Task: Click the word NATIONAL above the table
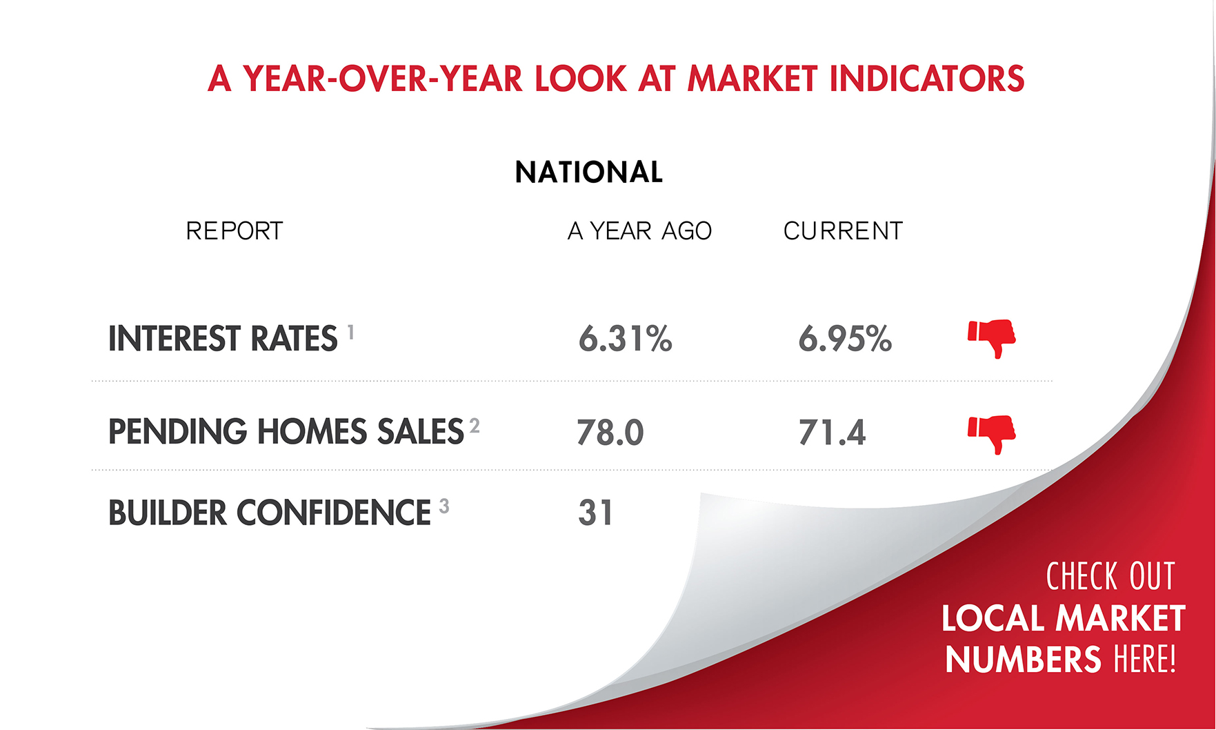coord(588,172)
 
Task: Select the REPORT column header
coord(235,231)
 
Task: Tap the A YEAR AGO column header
coord(639,231)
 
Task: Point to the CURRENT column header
coord(843,231)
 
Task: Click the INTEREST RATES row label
coord(223,339)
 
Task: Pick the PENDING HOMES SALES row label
coord(286,432)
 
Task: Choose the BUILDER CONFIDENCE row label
coord(270,513)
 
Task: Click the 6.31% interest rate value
coord(625,339)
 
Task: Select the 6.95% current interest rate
coord(845,339)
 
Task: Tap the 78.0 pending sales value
coord(610,433)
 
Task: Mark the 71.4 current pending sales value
coord(832,433)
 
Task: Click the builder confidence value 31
coord(595,513)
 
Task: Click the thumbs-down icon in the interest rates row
coord(992,337)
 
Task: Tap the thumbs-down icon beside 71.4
coord(992,433)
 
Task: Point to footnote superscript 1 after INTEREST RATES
coord(351,333)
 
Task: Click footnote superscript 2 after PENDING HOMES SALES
coord(475,426)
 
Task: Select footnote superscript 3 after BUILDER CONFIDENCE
coord(444,506)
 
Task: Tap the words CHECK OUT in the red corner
coord(1110,577)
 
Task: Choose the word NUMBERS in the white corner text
coord(1023,660)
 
